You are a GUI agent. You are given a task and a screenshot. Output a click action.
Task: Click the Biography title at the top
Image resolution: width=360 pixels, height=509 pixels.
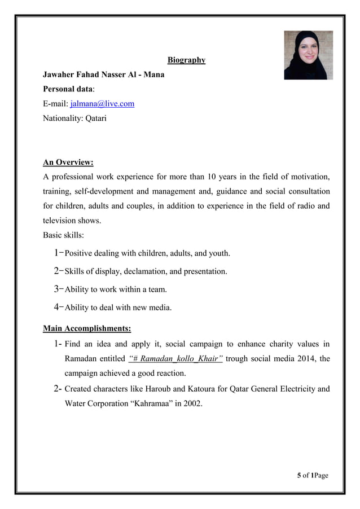tap(186, 60)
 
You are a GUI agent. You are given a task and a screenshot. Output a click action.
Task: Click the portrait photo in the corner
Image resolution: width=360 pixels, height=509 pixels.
tap(308, 55)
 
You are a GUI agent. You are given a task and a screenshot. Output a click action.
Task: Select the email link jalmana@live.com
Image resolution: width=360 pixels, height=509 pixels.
tap(102, 104)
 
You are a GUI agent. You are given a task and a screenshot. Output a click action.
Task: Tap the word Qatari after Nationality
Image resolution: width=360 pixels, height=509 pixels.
tap(95, 119)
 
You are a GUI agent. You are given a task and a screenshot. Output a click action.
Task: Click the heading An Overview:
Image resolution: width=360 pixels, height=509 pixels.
tap(68, 163)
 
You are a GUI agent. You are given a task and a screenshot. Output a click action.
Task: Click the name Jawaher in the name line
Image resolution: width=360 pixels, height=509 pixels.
tap(61, 74)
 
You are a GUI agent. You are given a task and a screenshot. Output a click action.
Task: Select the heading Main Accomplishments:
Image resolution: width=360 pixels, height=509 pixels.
tap(87, 328)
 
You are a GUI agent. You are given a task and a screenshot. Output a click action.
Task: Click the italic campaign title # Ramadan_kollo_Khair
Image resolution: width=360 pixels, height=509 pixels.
tap(175, 358)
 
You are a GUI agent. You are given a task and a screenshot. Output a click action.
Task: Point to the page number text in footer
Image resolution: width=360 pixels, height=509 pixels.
tap(312, 475)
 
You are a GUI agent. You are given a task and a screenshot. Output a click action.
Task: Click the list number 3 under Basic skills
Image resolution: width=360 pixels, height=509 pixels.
tap(57, 289)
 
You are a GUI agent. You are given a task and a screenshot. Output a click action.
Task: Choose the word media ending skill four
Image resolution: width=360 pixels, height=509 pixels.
tap(160, 308)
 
